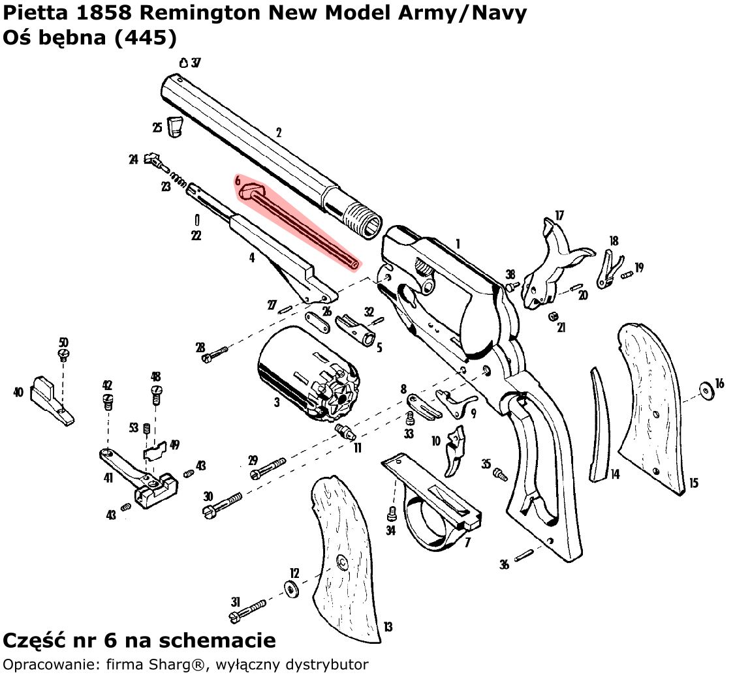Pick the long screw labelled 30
coord(223,504)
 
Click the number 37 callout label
coord(196,63)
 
